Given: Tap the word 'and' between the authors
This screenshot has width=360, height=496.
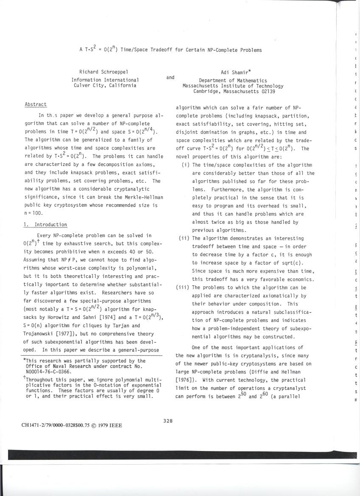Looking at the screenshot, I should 170,77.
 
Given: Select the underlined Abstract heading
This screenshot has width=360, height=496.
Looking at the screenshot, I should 36,104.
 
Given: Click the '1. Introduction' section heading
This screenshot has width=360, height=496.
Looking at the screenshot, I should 45,224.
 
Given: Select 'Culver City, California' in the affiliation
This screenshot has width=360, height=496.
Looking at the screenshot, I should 105,85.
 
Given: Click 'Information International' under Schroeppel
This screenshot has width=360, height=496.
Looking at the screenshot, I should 105,80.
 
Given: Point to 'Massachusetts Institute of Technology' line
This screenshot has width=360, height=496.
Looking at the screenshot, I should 233,86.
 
